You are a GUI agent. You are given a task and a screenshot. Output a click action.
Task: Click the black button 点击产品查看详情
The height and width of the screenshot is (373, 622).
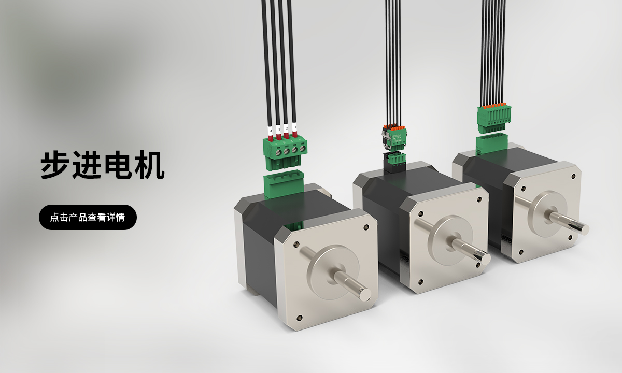coord(88,217)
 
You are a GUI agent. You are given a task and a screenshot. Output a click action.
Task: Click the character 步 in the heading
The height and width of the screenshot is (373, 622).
coord(55,165)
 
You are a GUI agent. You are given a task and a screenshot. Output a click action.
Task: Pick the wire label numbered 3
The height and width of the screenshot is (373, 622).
coord(279,130)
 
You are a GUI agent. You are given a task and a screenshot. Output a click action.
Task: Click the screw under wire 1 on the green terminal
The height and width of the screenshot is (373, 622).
coord(302,149)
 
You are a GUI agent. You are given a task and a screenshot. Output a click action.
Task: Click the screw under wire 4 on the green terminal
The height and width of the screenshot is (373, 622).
coord(278,152)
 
